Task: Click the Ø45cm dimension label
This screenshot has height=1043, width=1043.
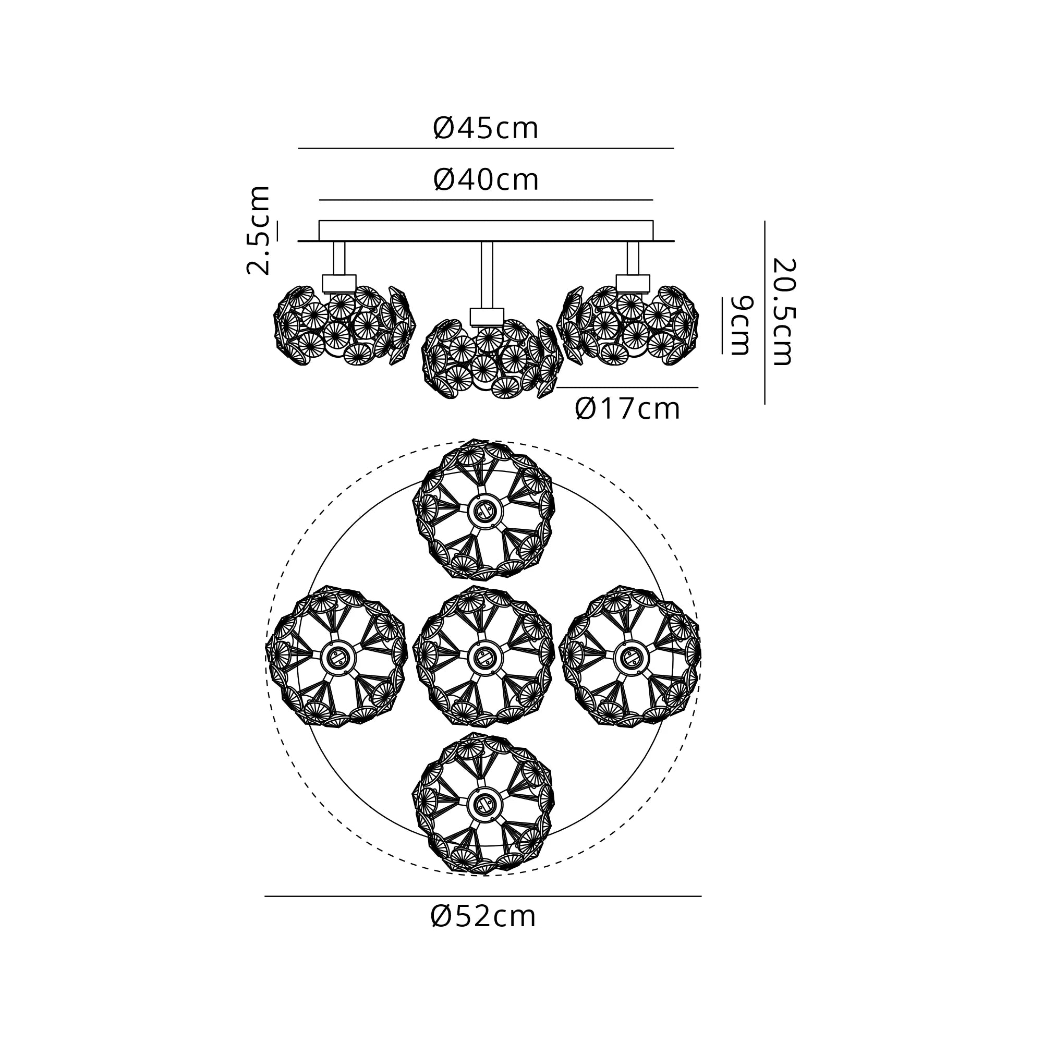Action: click(x=486, y=129)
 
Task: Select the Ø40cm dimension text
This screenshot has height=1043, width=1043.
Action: click(x=486, y=180)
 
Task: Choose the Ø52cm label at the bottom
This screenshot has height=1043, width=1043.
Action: click(x=483, y=917)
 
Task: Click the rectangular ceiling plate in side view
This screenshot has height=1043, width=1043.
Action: click(x=486, y=231)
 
